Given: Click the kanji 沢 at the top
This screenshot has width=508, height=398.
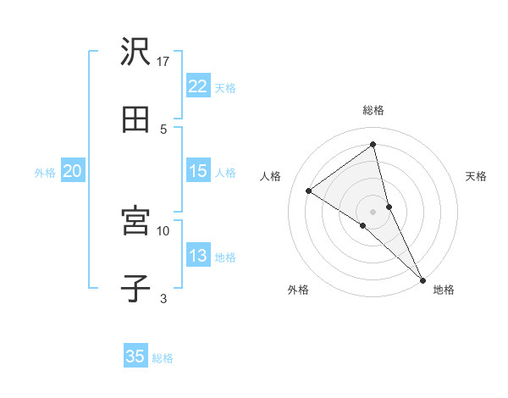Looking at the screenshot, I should [x=135, y=53].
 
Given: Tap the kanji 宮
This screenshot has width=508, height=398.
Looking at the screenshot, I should [x=135, y=222].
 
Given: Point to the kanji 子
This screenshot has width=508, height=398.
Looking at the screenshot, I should [x=135, y=289].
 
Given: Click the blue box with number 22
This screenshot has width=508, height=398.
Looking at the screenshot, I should [x=197, y=86].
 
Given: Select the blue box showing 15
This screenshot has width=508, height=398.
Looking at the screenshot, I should [x=197, y=171].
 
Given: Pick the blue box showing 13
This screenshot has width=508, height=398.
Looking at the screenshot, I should [x=197, y=256].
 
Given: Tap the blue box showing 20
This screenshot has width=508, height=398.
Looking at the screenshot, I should [x=72, y=171].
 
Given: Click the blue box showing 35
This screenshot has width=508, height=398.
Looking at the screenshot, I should [x=135, y=357].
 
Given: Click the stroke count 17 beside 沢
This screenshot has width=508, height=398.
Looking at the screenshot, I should [x=164, y=61].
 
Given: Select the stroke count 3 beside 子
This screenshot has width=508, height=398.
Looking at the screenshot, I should [x=163, y=297].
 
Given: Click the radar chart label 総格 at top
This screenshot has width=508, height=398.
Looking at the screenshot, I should [x=373, y=110].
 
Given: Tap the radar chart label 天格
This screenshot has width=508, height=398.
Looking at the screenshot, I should [x=476, y=176].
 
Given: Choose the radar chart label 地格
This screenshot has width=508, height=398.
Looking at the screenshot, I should [x=444, y=290].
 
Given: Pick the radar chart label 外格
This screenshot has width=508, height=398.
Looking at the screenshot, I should [x=298, y=290].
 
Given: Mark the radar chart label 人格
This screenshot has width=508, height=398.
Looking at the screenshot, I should [x=271, y=176].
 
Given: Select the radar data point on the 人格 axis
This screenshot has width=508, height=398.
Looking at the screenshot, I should [x=309, y=191].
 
